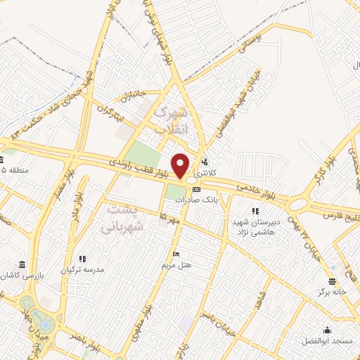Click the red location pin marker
pyautogui.click(x=181, y=165)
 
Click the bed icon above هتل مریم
pyautogui.click(x=176, y=254)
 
